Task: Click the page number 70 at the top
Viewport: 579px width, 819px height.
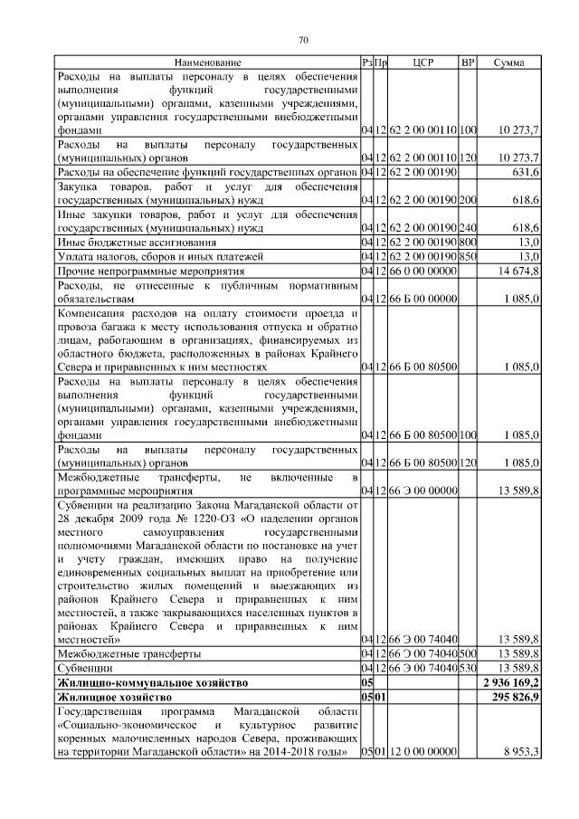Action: pyautogui.click(x=303, y=38)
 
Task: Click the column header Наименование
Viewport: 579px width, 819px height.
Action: pyautogui.click(x=208, y=62)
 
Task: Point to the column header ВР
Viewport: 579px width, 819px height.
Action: pyautogui.click(x=468, y=62)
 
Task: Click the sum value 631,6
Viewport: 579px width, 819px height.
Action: pyautogui.click(x=526, y=171)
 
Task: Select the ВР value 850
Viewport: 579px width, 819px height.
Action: pyautogui.click(x=468, y=256)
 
